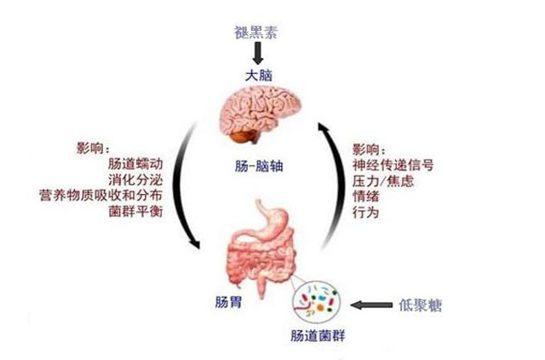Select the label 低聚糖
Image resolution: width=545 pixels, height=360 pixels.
tap(419, 304)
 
